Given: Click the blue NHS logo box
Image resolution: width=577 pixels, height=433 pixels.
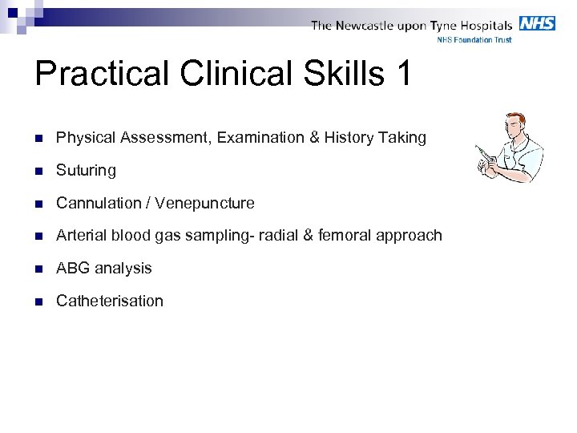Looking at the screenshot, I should [537, 23].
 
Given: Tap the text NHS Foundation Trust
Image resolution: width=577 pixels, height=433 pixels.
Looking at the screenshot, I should [474, 40].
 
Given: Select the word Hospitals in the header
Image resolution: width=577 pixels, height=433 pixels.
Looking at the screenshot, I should [484, 26].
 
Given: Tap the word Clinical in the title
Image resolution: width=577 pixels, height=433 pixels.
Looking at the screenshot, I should [229, 74].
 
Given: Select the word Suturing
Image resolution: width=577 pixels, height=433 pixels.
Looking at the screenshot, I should [86, 171].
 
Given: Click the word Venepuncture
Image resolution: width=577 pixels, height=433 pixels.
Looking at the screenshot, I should [205, 204].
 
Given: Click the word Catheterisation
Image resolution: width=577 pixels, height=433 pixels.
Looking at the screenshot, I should [110, 301].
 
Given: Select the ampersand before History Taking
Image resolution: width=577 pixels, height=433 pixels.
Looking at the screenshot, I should [313, 138].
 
